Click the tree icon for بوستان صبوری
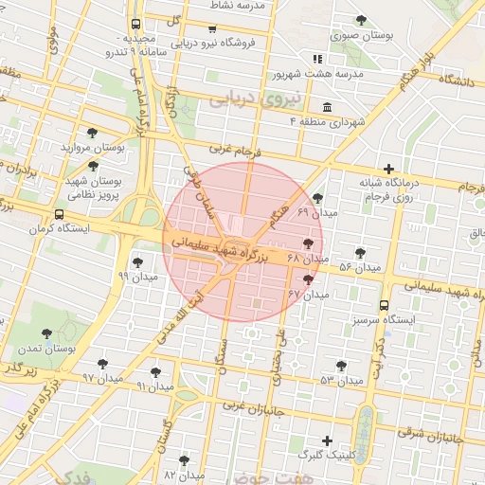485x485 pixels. tap(360, 20)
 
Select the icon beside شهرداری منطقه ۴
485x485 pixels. tap(327, 106)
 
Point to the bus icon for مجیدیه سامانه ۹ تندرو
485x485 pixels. tap(136, 24)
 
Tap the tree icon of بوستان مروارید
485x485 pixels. tap(92, 133)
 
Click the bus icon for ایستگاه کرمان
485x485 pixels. tap(61, 214)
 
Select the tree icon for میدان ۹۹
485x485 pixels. tap(137, 262)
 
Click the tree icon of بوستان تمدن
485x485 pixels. tap(47, 333)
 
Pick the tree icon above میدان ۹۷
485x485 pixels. tap(102, 364)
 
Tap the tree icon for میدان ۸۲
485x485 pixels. tap(184, 459)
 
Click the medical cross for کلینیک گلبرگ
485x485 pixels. tap(327, 440)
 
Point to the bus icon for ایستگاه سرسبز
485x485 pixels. tap(384, 306)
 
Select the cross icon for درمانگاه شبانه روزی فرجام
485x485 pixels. tap(388, 169)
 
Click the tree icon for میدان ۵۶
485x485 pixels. tap(360, 253)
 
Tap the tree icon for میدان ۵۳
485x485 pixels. tap(341, 366)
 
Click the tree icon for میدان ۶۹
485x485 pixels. tap(316, 197)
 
